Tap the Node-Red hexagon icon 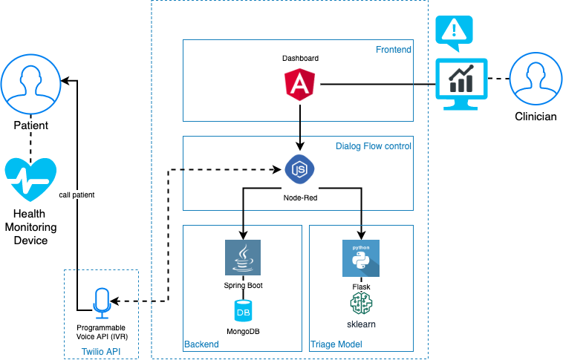[x=300, y=170]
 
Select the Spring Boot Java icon [x=243, y=258]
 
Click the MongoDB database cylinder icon [x=243, y=311]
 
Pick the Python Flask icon [x=360, y=258]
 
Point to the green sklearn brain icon [x=360, y=304]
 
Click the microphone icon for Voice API [x=101, y=301]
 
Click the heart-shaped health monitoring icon [x=30, y=180]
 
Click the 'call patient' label [x=77, y=195]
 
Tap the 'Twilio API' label [x=101, y=351]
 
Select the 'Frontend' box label [x=394, y=50]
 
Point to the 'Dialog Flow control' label [x=374, y=146]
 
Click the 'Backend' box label [x=201, y=344]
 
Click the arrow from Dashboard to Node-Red [x=299, y=126]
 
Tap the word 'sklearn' [x=360, y=324]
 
